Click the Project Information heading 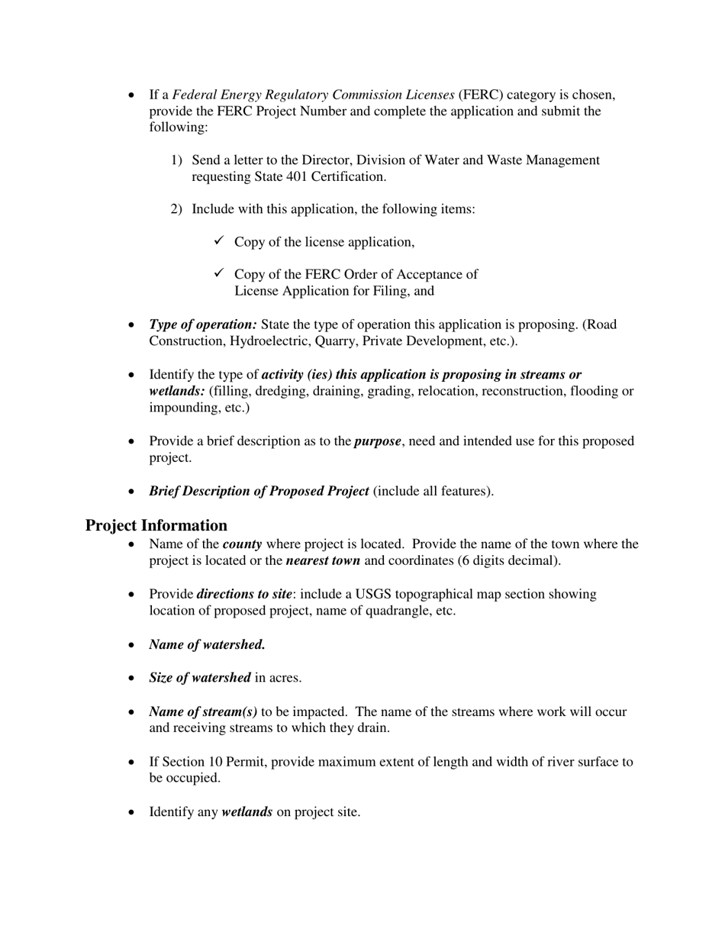(x=156, y=525)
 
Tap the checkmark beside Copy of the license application (x=219, y=241)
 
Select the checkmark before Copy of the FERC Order (x=219, y=273)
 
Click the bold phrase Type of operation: (x=203, y=324)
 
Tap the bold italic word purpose (x=377, y=441)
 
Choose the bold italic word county (x=242, y=544)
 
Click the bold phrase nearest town (x=323, y=560)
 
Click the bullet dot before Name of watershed (x=132, y=645)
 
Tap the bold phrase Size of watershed (x=200, y=677)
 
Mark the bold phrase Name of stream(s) (x=203, y=712)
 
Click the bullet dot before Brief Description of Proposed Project (x=132, y=492)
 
